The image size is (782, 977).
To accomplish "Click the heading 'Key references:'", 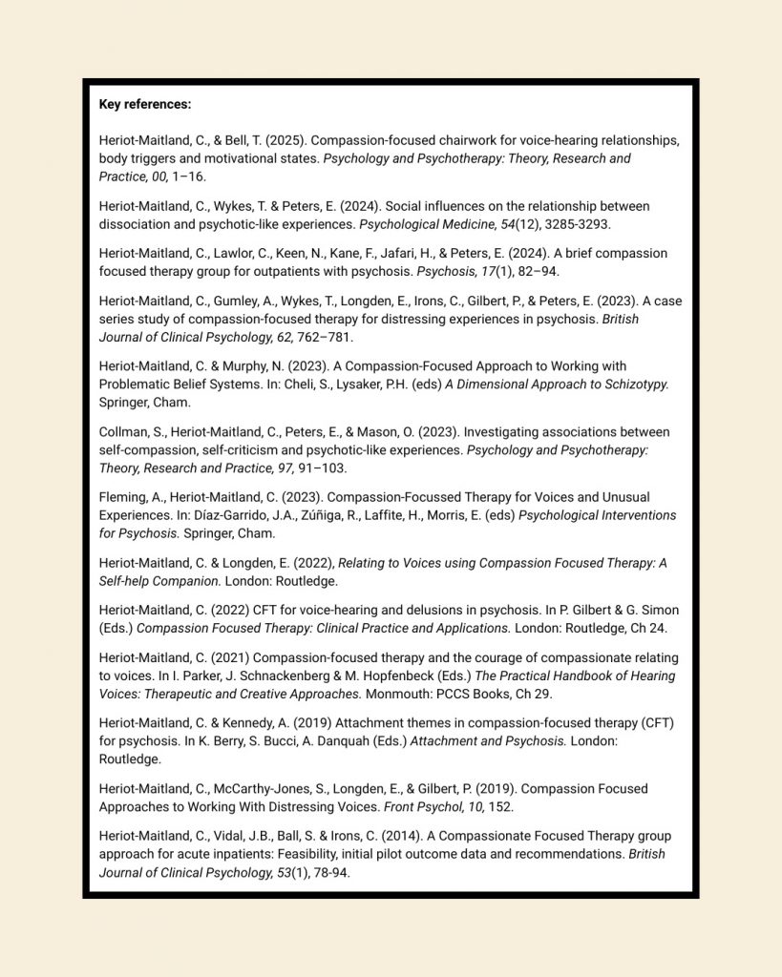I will click(x=145, y=104).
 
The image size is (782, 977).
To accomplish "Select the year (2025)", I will click(x=285, y=140).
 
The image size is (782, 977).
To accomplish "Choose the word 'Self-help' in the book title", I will click(x=130, y=581).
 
